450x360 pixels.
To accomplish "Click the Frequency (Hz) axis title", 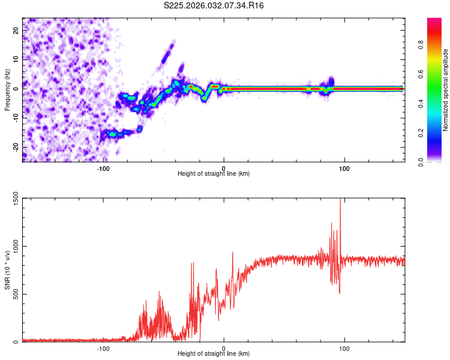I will click(7, 89).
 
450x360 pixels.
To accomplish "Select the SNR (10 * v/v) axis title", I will click(7, 270).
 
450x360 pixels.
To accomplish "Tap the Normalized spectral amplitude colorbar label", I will click(446, 89).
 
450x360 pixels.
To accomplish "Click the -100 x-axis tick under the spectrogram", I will click(103, 169).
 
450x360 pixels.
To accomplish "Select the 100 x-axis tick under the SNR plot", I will click(344, 349).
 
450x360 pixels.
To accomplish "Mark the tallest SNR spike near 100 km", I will click(340, 200).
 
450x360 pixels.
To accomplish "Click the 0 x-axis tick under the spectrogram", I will click(224, 169).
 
